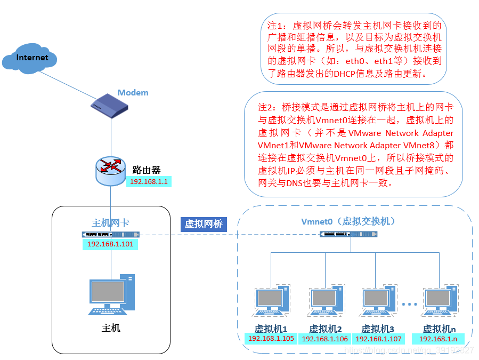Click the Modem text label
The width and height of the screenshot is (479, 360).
pyautogui.click(x=133, y=93)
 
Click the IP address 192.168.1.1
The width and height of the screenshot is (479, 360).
pyautogui.click(x=149, y=181)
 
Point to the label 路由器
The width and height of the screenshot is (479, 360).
pyautogui.click(x=147, y=170)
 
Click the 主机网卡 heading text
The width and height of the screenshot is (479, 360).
pyautogui.click(x=110, y=222)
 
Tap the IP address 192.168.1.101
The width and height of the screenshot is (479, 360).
pyautogui.click(x=110, y=244)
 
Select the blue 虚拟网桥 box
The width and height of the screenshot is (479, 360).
pyautogui.click(x=204, y=224)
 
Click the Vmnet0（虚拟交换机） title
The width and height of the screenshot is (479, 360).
pyautogui.click(x=348, y=221)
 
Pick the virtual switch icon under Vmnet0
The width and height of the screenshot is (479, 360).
pyautogui.click(x=349, y=234)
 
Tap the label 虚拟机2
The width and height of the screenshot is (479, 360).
pyautogui.click(x=325, y=329)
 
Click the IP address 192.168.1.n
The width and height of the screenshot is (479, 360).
pyautogui.click(x=438, y=339)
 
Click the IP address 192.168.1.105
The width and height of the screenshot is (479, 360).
pyautogui.click(x=271, y=339)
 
